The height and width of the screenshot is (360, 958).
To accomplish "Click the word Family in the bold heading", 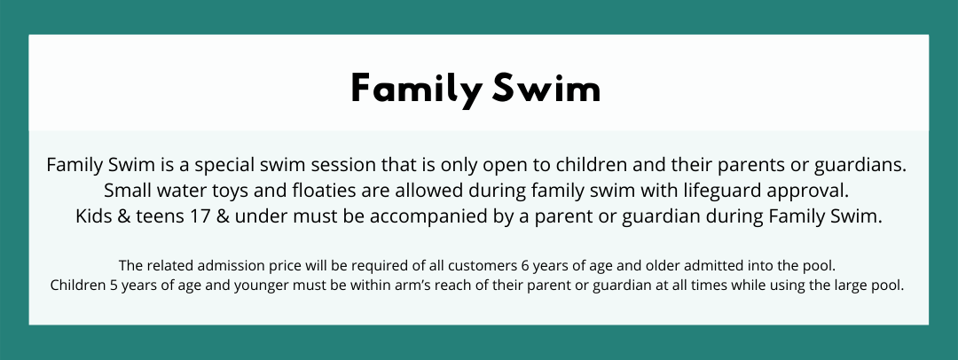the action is pyautogui.click(x=415, y=90).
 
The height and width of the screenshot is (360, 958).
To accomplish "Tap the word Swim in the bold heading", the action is pyautogui.click(x=546, y=88).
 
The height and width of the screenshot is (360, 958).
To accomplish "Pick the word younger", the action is pyautogui.click(x=260, y=286).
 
